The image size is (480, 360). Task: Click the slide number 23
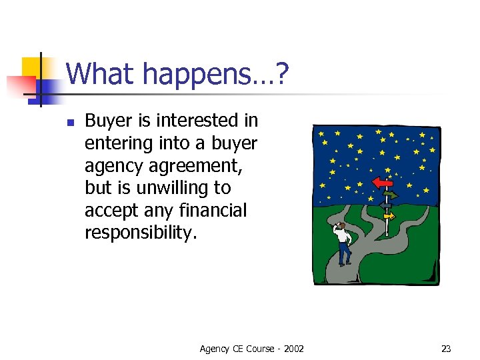click(446, 349)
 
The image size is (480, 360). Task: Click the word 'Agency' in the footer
click(215, 349)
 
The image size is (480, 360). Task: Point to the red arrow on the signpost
click(383, 181)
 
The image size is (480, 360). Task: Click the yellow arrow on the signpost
click(388, 216)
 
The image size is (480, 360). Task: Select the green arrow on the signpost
click(389, 195)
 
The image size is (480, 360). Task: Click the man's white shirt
click(344, 235)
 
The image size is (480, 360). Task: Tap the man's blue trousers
click(344, 252)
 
